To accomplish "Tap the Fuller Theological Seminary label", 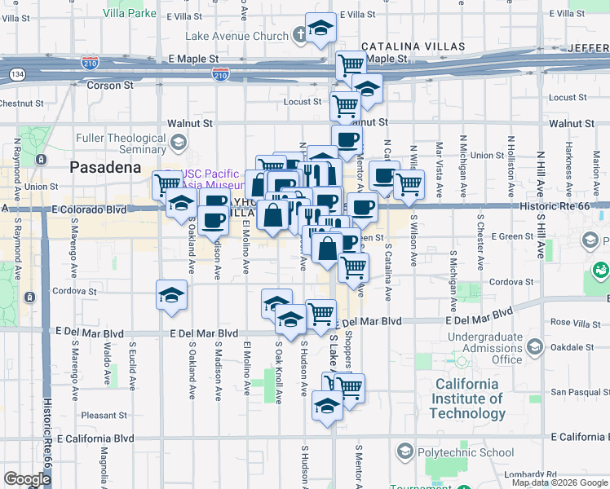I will click(121, 143).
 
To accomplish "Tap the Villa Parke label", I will click(130, 14).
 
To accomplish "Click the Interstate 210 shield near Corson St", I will click(220, 74).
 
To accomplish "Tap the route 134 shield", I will click(16, 75).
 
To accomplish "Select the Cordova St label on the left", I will click(76, 290).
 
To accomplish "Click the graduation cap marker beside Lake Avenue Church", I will click(320, 28).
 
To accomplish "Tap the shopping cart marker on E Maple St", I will click(351, 64).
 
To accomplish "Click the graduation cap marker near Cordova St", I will click(172, 295).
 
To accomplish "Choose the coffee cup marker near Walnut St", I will click(347, 139).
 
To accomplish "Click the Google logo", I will click(27, 479).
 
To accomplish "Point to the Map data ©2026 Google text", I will click(559, 482).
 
